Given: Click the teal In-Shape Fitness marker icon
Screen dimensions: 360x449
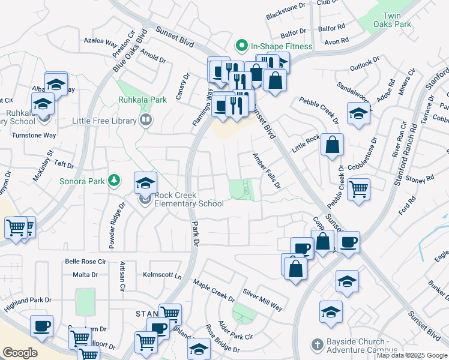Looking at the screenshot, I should [x=242, y=46].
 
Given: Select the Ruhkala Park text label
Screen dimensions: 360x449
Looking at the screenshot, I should [x=143, y=100].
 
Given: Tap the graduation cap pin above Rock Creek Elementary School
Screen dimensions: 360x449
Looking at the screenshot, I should [x=145, y=183].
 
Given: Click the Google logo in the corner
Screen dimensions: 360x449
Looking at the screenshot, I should [x=20, y=352].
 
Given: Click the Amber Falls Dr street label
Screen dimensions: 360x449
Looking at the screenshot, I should [x=266, y=171].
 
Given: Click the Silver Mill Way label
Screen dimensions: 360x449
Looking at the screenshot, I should [x=262, y=299].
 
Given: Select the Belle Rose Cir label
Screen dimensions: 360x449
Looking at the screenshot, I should [x=85, y=262].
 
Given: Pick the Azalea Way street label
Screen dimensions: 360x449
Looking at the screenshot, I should [x=100, y=43].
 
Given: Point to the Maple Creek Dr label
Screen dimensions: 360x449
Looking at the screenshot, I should [x=214, y=290].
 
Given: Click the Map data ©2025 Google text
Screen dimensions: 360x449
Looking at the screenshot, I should [x=412, y=355].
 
